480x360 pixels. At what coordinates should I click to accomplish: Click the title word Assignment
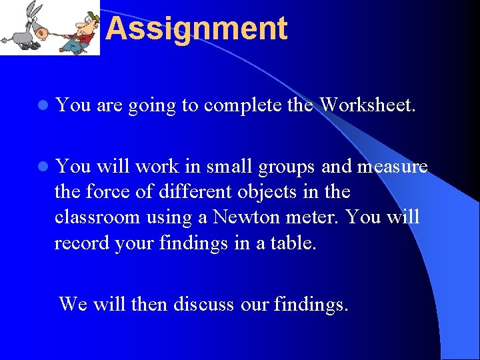pos(196,29)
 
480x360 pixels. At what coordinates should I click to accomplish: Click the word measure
pos(393,166)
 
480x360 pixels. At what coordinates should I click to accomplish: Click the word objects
pos(263,193)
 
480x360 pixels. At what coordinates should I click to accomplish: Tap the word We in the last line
pos(73,304)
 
